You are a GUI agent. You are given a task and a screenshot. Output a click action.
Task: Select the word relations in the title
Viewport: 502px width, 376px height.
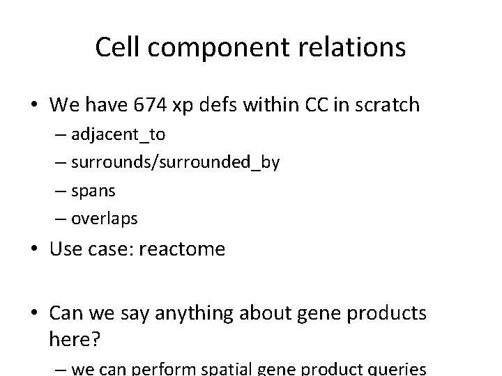(353, 47)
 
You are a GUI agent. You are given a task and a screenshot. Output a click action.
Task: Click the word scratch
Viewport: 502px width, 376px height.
(386, 105)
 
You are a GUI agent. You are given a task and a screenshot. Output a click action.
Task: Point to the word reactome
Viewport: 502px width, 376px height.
(182, 249)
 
